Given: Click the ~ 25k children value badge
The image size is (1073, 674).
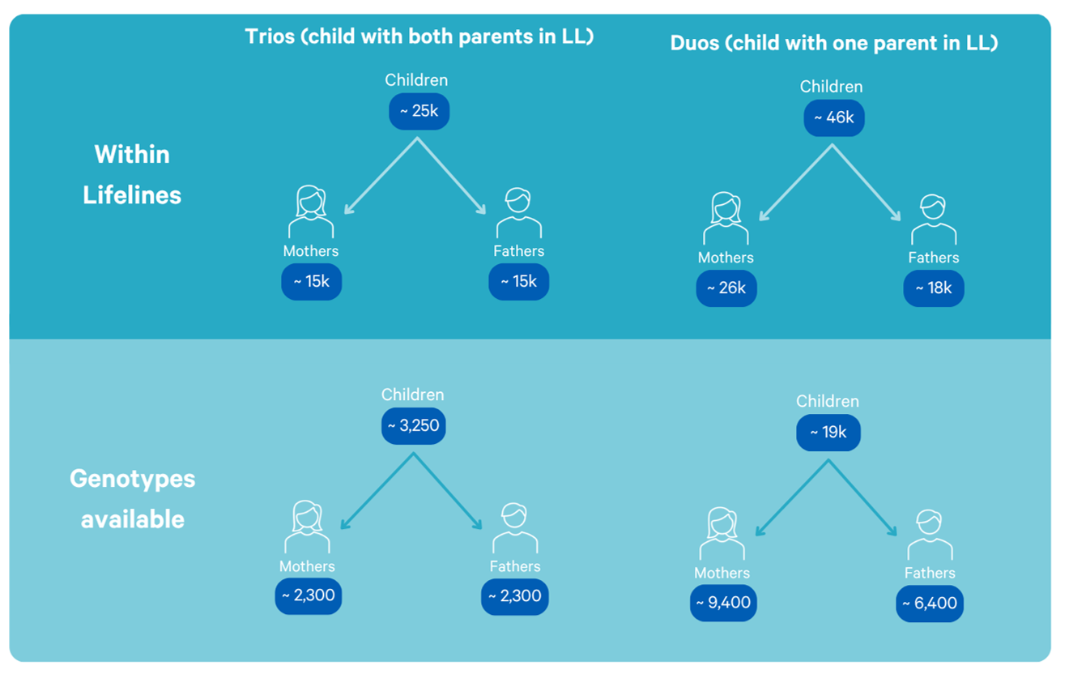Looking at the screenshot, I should pos(419,112).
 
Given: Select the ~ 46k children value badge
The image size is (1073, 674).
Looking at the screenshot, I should pos(833,118).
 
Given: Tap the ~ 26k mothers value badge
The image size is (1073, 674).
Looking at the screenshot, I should pos(726,288).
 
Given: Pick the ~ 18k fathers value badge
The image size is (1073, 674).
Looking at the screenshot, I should pos(933,288).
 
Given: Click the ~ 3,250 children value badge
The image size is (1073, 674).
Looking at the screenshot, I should pos(413,426).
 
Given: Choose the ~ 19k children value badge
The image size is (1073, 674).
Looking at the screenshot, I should pos(828,433).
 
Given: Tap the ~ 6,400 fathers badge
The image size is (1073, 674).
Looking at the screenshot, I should pos(930,604).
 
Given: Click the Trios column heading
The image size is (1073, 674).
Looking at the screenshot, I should pos(419,37).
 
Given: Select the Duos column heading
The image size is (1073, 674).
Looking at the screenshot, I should pos(833,44).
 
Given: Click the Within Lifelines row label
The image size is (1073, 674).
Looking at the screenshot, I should pos(132,174).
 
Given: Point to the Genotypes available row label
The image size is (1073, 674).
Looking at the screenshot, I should pos(132,498).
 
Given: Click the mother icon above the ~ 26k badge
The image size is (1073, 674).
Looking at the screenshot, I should pos(726,218).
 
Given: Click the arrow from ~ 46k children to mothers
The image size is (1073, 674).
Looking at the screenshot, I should pos(795,183).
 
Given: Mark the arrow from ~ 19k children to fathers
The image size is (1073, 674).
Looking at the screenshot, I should pos(862,498).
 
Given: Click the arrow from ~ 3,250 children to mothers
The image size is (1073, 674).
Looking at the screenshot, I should pos(377,491).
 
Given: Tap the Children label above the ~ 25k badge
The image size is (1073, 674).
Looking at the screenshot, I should pos(416,80).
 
